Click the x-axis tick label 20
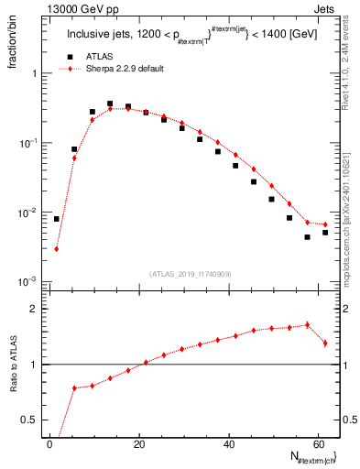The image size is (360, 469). [x=139, y=442]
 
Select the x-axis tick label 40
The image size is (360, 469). [x=229, y=442]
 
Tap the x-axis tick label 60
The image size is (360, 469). [x=318, y=442]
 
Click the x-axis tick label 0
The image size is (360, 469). [x=49, y=442]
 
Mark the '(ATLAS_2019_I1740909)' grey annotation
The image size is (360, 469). [x=190, y=273]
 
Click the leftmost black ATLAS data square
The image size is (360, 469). [x=57, y=219]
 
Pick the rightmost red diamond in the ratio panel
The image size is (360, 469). [x=325, y=343]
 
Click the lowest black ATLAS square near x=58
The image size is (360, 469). [x=308, y=237]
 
